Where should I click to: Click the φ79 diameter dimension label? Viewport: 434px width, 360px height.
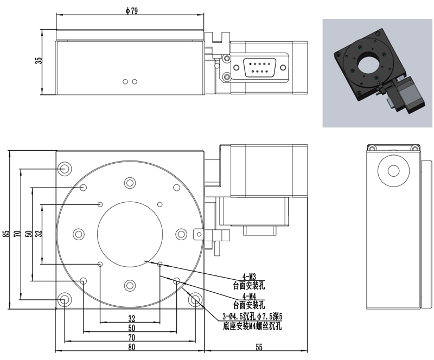click(131, 11)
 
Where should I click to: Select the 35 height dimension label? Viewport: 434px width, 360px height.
click(39, 61)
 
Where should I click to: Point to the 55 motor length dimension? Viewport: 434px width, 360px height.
click(259, 347)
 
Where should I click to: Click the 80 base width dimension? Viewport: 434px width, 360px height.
click(132, 347)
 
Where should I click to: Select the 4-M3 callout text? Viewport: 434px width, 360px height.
click(249, 277)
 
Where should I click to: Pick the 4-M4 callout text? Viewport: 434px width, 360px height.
click(249, 296)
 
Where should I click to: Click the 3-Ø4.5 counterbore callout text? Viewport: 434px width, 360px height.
click(252, 316)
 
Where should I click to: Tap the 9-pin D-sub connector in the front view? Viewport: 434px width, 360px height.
click(259, 67)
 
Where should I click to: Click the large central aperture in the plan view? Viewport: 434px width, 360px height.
click(130, 234)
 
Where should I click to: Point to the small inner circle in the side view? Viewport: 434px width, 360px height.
click(394, 171)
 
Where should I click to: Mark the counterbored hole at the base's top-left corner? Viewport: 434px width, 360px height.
click(65, 168)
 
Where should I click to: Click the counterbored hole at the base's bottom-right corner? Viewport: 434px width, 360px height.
click(195, 299)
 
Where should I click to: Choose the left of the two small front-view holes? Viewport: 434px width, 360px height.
click(125, 82)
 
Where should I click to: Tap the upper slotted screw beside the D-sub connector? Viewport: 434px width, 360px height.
click(227, 59)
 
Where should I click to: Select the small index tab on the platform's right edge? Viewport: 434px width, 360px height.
click(199, 234)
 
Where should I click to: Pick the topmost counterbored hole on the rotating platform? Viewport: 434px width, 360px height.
click(130, 183)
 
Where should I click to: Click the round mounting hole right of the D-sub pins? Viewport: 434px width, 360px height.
click(283, 68)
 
